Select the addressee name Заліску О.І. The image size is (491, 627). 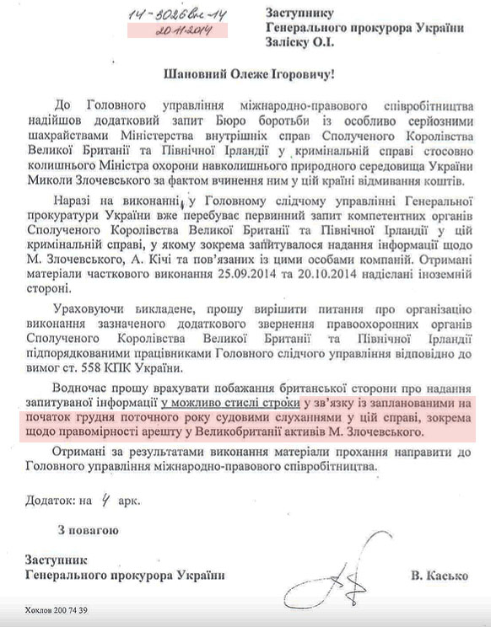pyautogui.click(x=296, y=43)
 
